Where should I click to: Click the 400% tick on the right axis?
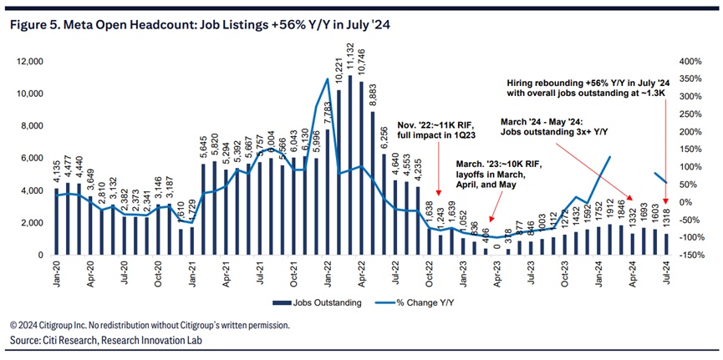691,62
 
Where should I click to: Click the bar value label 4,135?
55,175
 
